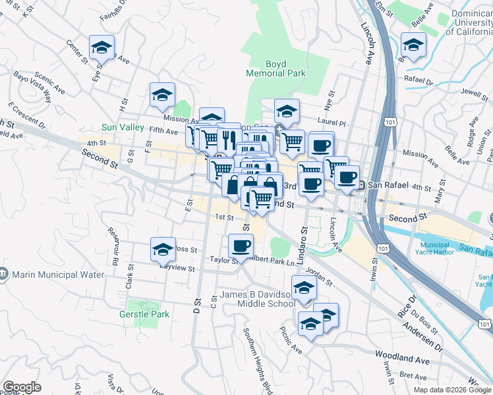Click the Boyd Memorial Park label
[x=275, y=68]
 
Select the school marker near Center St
[x=102, y=47]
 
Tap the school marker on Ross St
[x=163, y=250]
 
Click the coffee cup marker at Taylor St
[x=241, y=246]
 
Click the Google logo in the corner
[x=22, y=387]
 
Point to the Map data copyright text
[x=453, y=390]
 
